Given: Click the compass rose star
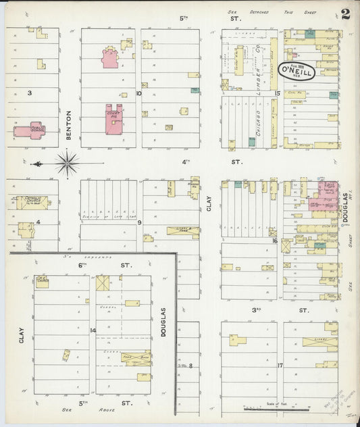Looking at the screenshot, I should [67, 163].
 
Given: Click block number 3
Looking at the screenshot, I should [29, 93].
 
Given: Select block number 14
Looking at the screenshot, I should [93, 330].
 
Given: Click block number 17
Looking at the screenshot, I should [279, 366].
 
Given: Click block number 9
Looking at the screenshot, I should [139, 222].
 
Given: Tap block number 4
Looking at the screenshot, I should [38, 222].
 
